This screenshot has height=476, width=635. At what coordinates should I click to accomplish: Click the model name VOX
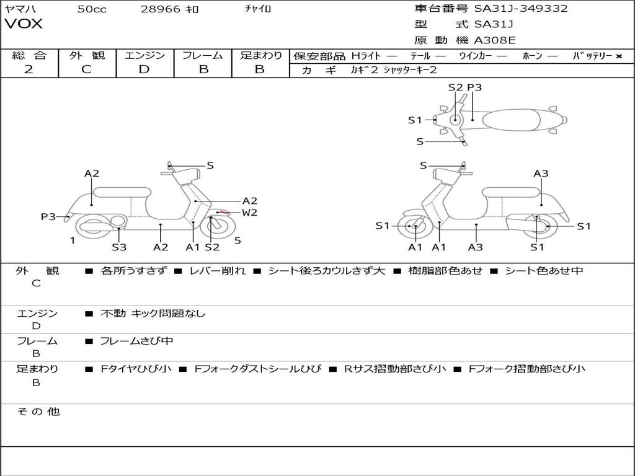pyautogui.click(x=24, y=24)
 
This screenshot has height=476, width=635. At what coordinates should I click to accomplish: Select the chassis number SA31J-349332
pyautogui.click(x=521, y=9)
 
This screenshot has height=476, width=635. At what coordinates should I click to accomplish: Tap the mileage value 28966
pyautogui.click(x=161, y=9)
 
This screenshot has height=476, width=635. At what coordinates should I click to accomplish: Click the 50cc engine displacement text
pyautogui.click(x=92, y=9)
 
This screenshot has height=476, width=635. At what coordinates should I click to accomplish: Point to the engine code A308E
pyautogui.click(x=494, y=41)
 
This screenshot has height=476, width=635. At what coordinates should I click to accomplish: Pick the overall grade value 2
pyautogui.click(x=29, y=69)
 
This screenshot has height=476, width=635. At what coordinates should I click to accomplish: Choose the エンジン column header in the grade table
pyautogui.click(x=144, y=56)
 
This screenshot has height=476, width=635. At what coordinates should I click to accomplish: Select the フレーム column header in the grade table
pyautogui.click(x=203, y=56)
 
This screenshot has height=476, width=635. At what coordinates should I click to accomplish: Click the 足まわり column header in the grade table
pyautogui.click(x=260, y=56)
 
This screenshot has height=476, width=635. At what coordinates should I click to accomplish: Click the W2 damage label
pyautogui.click(x=249, y=213)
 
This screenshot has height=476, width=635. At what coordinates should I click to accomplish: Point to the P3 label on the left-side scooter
pyautogui.click(x=48, y=217)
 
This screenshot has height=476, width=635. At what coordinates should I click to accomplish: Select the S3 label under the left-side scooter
pyautogui.click(x=119, y=247)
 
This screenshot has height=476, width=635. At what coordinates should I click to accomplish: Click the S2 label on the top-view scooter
pyautogui.click(x=456, y=87)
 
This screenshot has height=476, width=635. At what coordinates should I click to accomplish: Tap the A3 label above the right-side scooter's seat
pyautogui.click(x=541, y=174)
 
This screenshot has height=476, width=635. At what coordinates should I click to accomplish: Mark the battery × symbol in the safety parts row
pyautogui.click(x=618, y=56)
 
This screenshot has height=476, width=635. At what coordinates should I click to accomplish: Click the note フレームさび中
pyautogui.click(x=136, y=341)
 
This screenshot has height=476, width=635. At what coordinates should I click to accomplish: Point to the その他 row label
pyautogui.click(x=38, y=412)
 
